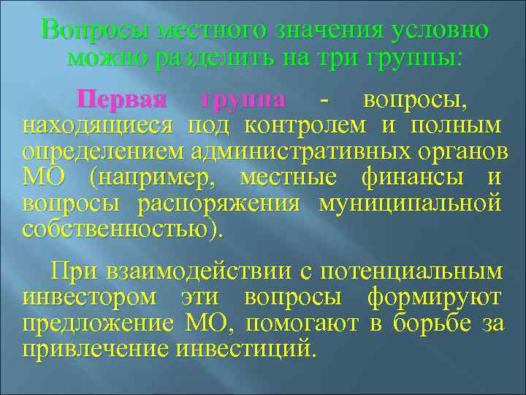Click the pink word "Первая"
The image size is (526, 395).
(132, 99)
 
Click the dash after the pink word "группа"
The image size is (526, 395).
(314, 99)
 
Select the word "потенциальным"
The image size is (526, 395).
(408, 272)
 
